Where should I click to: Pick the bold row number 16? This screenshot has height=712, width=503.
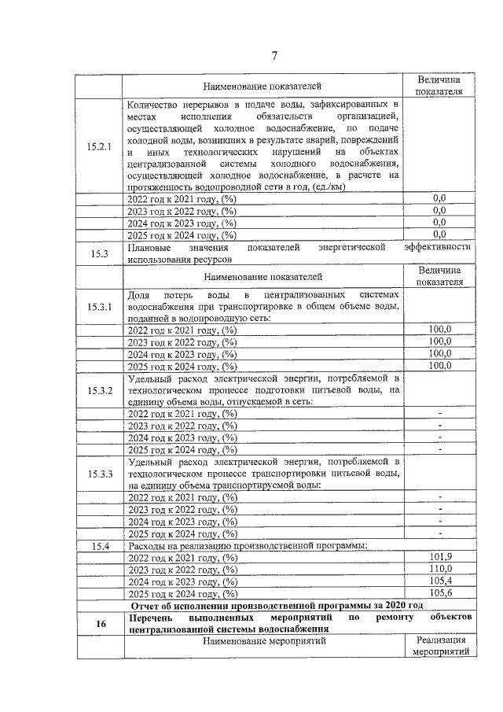coord(100,624)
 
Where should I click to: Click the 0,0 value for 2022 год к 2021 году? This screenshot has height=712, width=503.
coord(439,198)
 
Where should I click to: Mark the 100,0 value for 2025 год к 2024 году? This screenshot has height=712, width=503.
coord(439,365)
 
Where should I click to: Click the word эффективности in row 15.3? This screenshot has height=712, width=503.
coord(438,247)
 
